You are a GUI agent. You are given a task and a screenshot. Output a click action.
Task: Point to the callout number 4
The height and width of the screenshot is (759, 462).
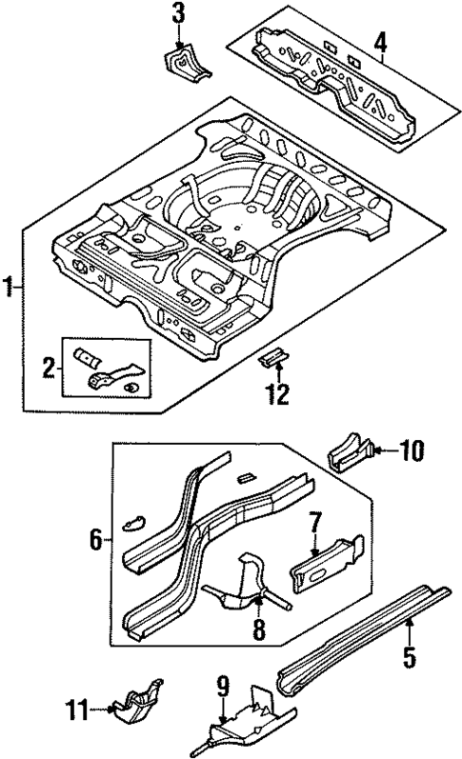point(380,43)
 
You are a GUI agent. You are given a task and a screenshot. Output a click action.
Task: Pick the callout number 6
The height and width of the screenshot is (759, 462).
point(95,540)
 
